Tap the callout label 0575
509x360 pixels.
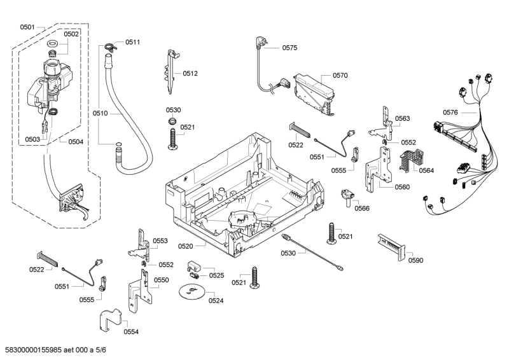coord(290,48)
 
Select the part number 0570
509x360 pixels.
coord(340,75)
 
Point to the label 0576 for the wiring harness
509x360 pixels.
coord(450,113)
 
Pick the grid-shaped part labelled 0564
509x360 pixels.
coord(408,161)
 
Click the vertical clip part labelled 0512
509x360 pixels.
coord(171,71)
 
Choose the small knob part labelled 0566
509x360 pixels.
coord(347,197)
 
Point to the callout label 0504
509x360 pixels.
coord(75,142)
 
